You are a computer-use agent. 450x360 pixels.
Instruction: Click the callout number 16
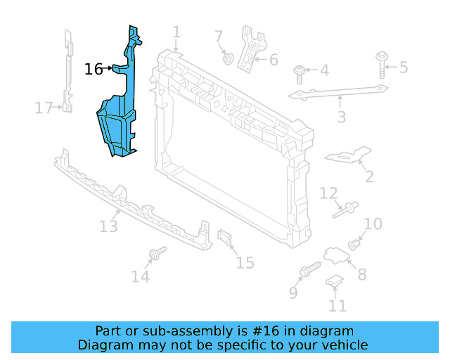[94, 69]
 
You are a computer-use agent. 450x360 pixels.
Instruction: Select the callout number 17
[44, 108]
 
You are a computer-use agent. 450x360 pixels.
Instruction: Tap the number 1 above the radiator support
[176, 32]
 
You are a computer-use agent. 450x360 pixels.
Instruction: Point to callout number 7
[219, 37]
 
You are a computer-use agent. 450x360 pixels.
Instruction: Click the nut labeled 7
[228, 58]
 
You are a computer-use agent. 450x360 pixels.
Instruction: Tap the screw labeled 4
[300, 70]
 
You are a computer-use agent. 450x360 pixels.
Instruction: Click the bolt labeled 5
[382, 63]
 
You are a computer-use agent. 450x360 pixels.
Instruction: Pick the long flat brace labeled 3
[337, 94]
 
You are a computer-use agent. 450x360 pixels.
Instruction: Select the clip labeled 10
[355, 245]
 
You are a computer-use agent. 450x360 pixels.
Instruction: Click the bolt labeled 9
[309, 270]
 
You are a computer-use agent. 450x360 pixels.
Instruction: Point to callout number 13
[108, 226]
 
